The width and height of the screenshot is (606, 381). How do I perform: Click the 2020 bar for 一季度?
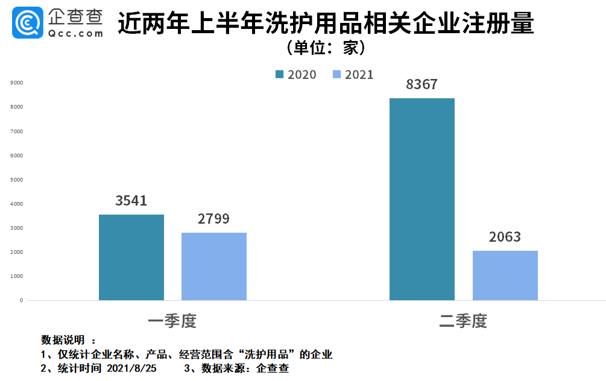131,257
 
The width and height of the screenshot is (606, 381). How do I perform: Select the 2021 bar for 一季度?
214,266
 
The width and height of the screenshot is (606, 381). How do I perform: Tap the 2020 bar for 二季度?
422,199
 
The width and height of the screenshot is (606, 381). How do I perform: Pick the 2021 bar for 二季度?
505,276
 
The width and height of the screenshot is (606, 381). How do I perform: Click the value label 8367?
421,84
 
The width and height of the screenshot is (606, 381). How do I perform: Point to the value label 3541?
131,201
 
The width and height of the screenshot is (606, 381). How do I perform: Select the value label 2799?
213,219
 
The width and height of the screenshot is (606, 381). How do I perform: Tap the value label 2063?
505,237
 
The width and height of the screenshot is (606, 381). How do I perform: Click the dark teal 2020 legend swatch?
279,74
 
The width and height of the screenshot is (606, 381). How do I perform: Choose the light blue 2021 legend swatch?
336,74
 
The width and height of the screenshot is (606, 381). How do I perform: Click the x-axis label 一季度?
172,321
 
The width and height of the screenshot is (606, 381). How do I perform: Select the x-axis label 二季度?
463,321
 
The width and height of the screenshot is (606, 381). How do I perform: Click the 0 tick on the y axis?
21,300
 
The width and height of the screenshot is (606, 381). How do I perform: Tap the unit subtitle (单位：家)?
326,46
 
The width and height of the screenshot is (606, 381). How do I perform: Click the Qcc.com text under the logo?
75,34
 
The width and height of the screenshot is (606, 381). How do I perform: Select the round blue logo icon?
27,22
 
